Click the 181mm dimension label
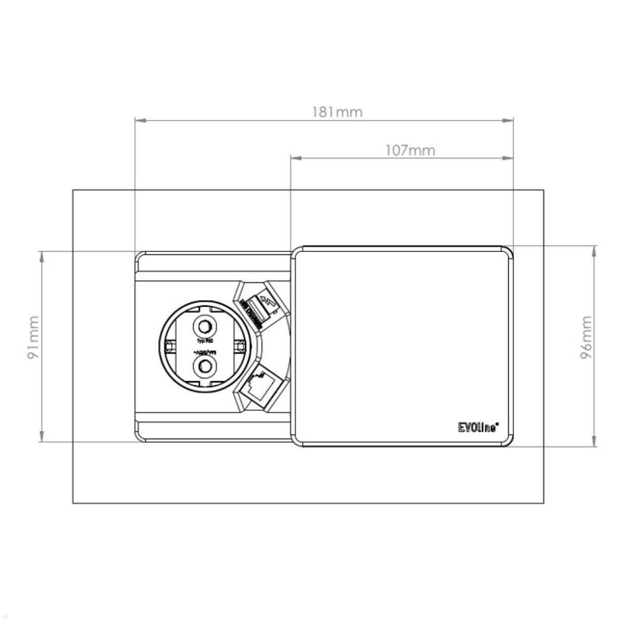coord(337,112)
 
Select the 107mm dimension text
coord(410,150)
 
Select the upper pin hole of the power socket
coord(204,327)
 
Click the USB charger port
coord(253,308)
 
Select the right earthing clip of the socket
coord(241,347)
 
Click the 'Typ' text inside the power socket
coord(201,341)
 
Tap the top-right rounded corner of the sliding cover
coord(507,252)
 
